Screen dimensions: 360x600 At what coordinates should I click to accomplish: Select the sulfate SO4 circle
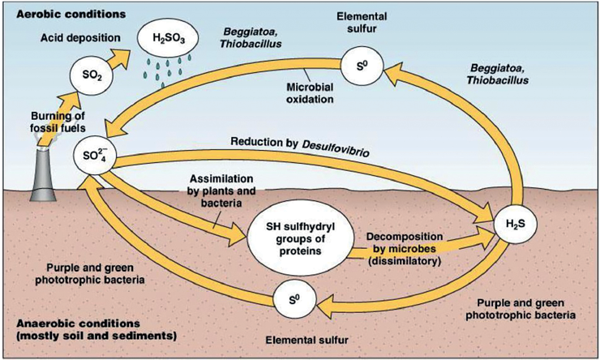tap(91, 154)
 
